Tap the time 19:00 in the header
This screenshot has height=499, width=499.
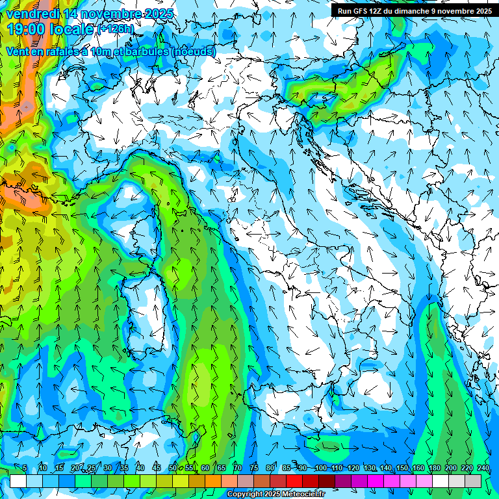pyautogui.click(x=27, y=29)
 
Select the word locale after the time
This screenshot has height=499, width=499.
pyautogui.click(x=73, y=29)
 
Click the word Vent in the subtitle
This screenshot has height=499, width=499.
pyautogui.click(x=19, y=51)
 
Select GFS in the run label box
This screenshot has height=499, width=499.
pyautogui.click(x=362, y=11)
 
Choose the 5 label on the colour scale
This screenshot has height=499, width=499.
pyautogui.click(x=25, y=468)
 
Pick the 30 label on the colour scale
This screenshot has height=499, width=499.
pyautogui.click(x=107, y=468)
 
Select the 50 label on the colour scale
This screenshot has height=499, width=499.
pyautogui.click(x=172, y=468)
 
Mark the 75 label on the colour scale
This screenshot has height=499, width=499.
pyautogui.click(x=254, y=468)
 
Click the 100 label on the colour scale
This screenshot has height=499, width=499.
pyautogui.click(x=320, y=468)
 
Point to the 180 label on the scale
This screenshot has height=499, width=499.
pyautogui.click(x=434, y=468)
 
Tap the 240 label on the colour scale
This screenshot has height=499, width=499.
pyautogui.click(x=483, y=468)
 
